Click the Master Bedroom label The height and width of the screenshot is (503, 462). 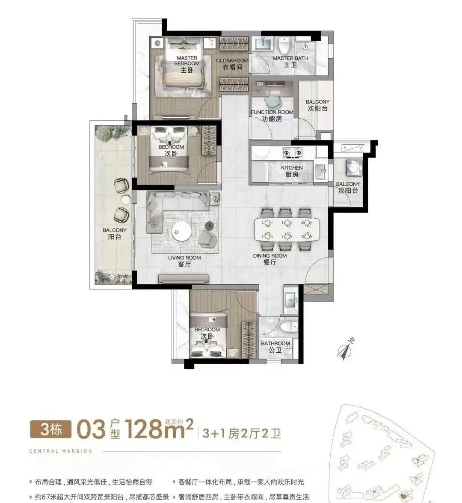(x=187, y=63)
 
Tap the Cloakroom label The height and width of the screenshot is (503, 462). (x=232, y=64)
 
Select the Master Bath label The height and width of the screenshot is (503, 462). (x=290, y=61)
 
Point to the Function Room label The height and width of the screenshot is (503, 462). (x=272, y=115)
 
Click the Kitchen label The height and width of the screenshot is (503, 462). (x=292, y=171)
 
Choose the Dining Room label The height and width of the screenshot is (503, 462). (x=270, y=259)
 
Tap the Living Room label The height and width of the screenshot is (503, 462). (x=184, y=261)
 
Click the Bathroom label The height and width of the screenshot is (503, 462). (x=275, y=346)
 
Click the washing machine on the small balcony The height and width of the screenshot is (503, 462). (x=353, y=168)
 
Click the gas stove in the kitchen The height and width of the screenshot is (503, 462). (x=292, y=152)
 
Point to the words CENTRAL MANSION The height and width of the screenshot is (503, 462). (x=60, y=451)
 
